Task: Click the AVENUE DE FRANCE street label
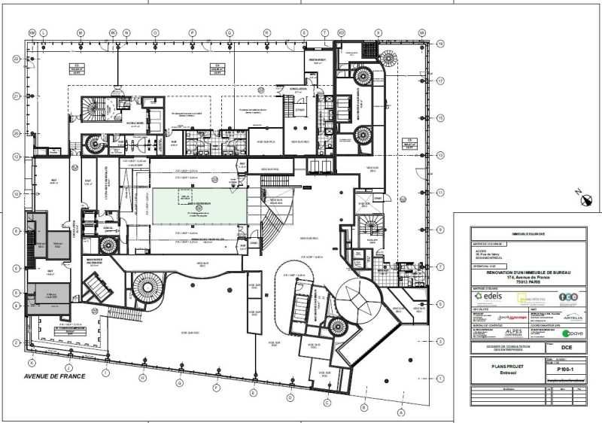55,376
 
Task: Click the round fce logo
570,296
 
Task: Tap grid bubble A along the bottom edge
401,412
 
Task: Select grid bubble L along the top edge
44,33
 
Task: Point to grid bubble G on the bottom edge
180,383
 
